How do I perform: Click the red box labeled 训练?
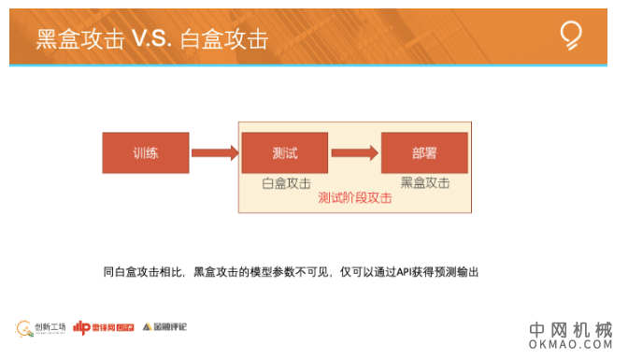(x=146, y=153)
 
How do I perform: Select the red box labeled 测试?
(x=285, y=153)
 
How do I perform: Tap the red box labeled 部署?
(x=424, y=153)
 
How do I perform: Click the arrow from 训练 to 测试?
(x=214, y=152)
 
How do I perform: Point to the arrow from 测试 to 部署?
(x=354, y=152)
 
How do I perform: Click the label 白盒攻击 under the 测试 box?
(x=286, y=183)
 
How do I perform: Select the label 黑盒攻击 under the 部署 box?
(x=425, y=183)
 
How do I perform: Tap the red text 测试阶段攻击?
(x=354, y=198)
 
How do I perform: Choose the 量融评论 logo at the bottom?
(x=165, y=327)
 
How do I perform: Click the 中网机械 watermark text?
(x=570, y=330)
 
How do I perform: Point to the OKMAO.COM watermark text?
(x=570, y=346)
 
